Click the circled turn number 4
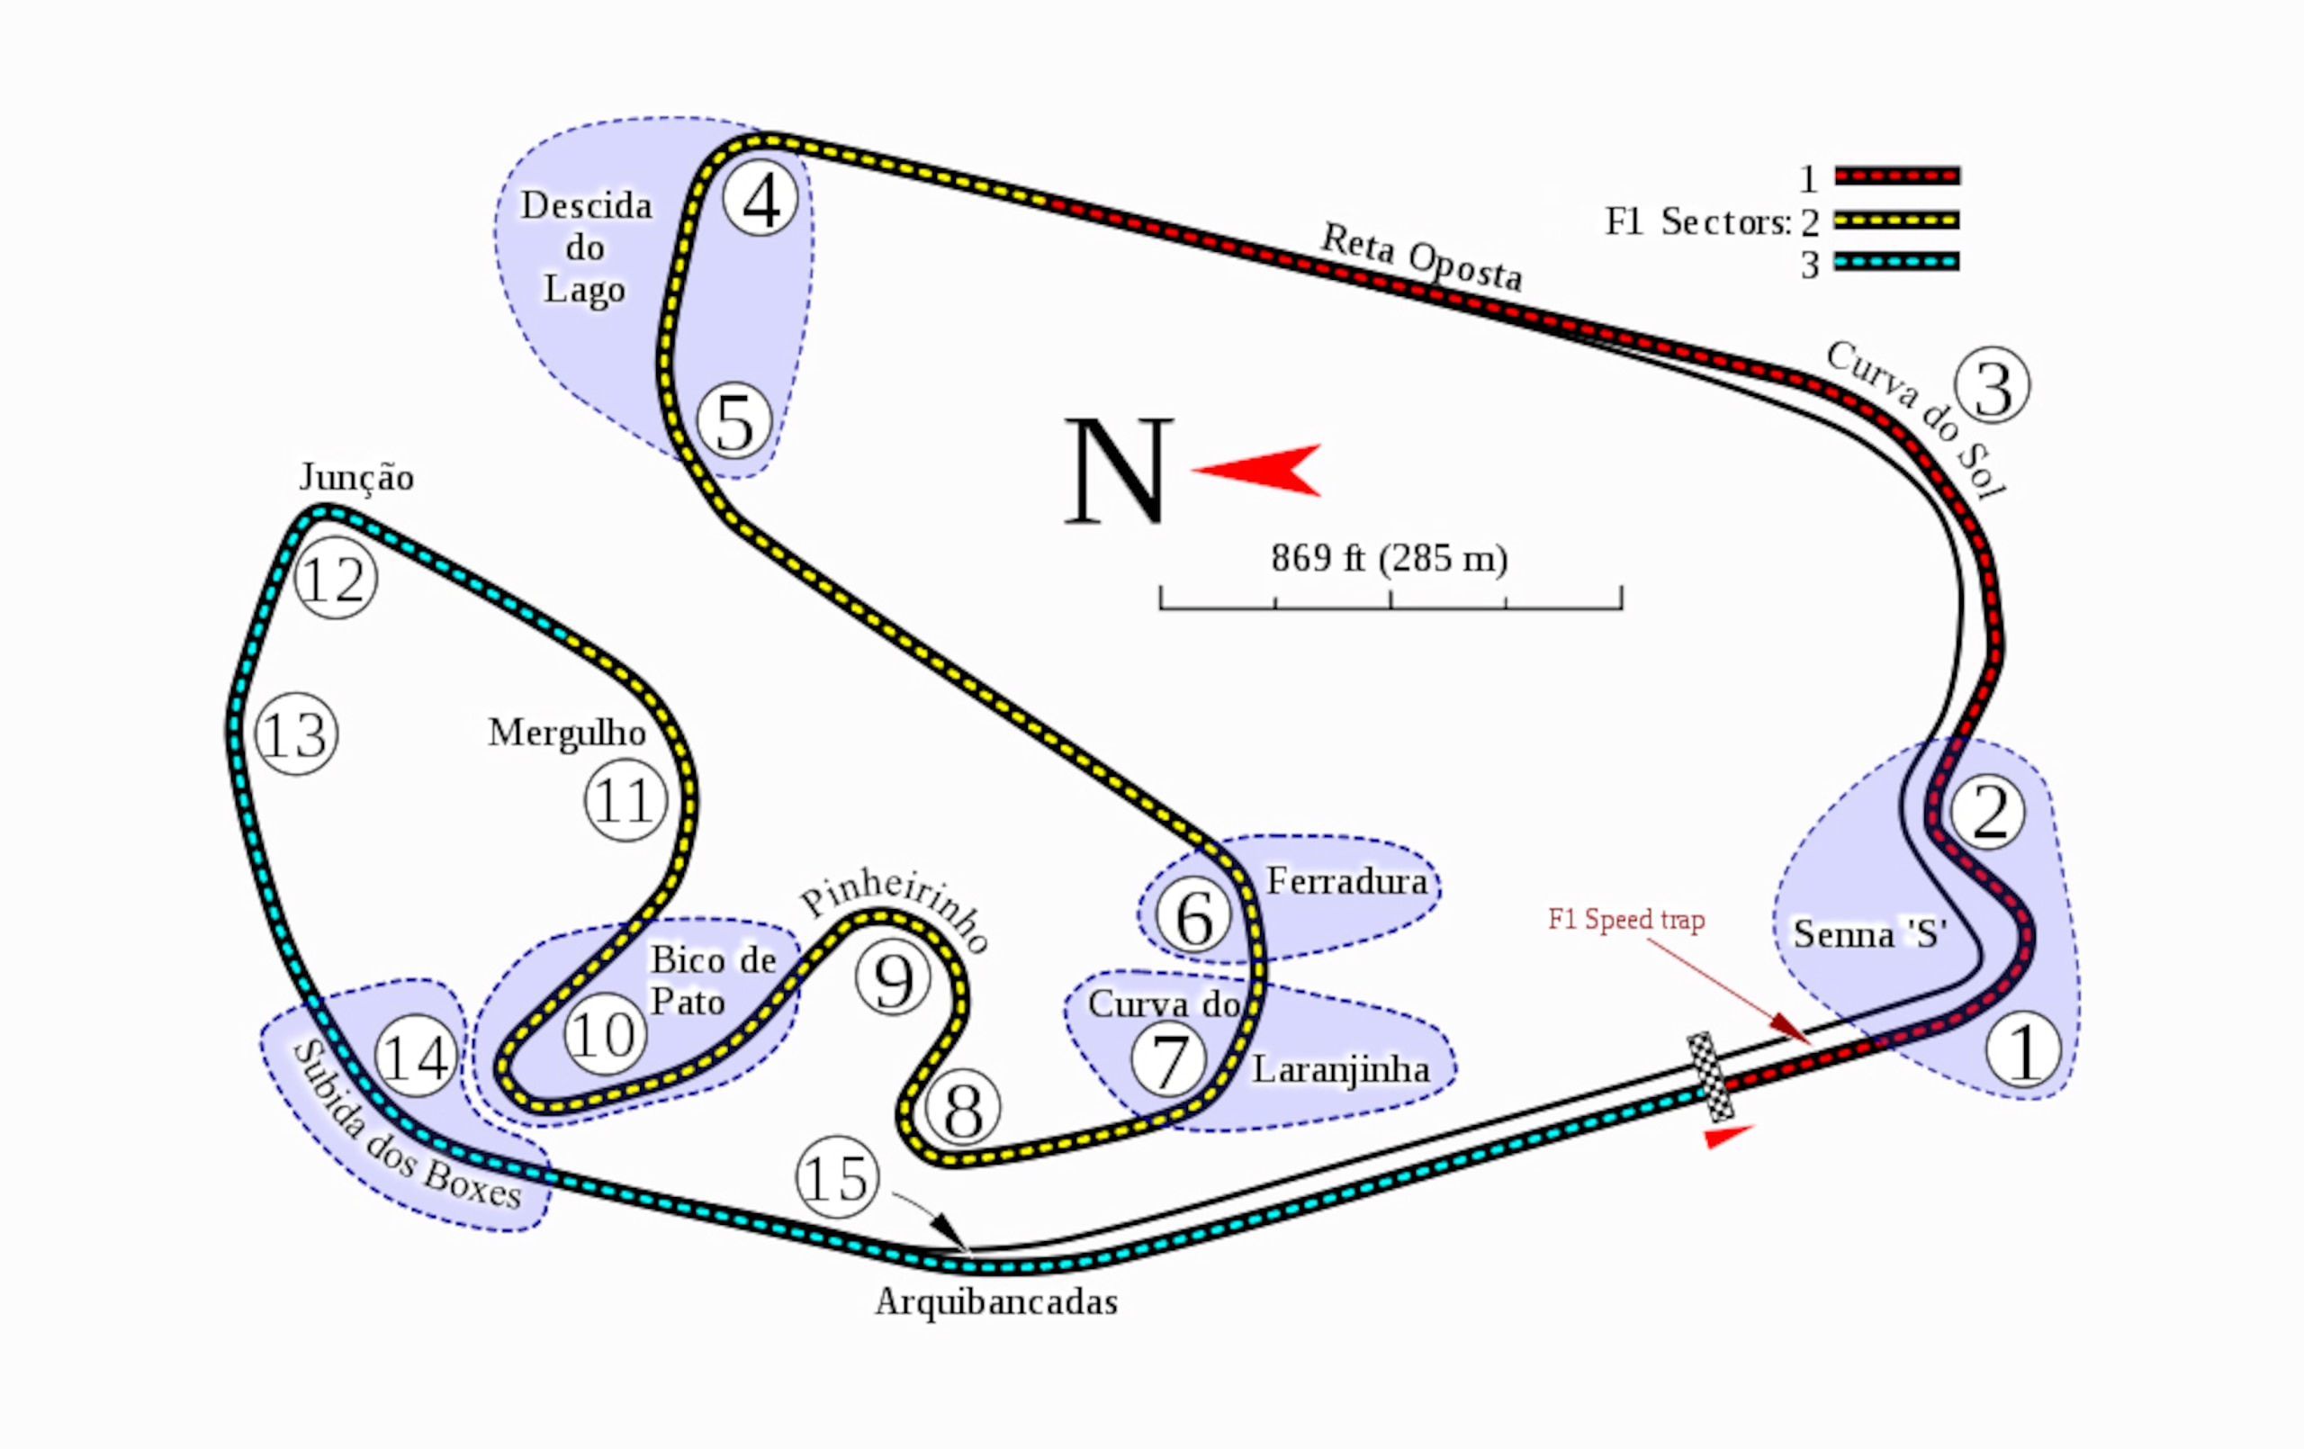click(760, 199)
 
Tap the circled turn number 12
click(336, 579)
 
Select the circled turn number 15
click(837, 1177)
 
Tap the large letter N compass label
click(1118, 471)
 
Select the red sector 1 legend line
click(1897, 176)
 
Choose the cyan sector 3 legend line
click(1897, 261)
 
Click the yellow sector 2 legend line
click(1897, 220)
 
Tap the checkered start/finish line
click(1710, 1076)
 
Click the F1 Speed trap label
click(1626, 919)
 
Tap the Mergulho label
click(566, 733)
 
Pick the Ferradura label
click(1347, 880)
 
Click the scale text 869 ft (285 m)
click(1390, 558)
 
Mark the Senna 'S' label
click(1869, 933)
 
